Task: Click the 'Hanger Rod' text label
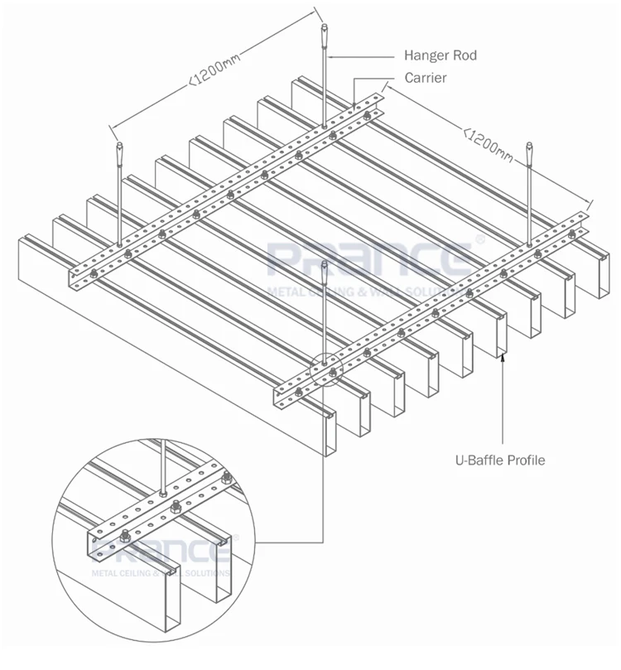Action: click(440, 56)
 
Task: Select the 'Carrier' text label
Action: click(426, 79)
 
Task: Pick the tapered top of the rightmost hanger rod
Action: click(529, 155)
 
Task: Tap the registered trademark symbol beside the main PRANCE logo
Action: click(478, 241)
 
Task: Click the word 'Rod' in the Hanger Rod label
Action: click(465, 56)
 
